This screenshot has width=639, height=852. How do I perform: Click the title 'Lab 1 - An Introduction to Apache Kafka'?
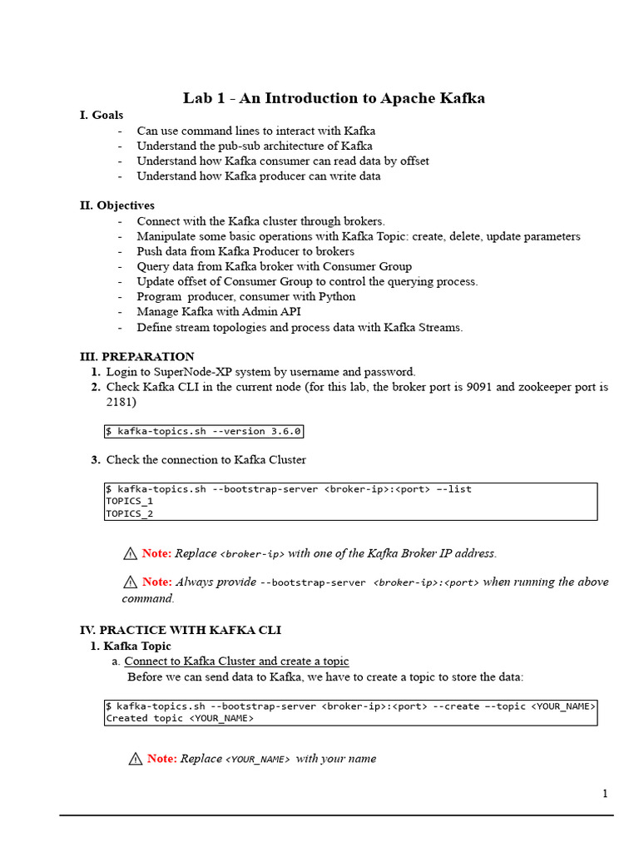click(x=334, y=98)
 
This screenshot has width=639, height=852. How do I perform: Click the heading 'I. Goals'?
click(x=102, y=115)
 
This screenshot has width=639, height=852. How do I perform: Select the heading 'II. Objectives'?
click(x=117, y=205)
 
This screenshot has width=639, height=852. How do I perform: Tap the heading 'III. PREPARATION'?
click(x=137, y=356)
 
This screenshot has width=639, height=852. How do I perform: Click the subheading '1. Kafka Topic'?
click(x=131, y=646)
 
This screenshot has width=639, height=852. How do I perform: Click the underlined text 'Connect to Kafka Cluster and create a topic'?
click(x=236, y=661)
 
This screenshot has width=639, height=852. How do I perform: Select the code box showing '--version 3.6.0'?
click(x=204, y=431)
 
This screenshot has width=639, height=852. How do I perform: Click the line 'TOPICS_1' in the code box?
click(x=129, y=502)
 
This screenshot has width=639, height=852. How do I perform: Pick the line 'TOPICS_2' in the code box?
click(x=129, y=513)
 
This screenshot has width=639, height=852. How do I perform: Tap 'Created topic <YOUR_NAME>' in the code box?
click(x=179, y=718)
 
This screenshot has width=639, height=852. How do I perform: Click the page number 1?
click(x=605, y=793)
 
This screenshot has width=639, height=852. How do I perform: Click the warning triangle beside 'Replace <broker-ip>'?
click(x=130, y=553)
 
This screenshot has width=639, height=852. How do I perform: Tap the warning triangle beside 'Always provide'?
click(x=130, y=582)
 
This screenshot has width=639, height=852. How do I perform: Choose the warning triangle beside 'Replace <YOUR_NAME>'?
click(x=135, y=758)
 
